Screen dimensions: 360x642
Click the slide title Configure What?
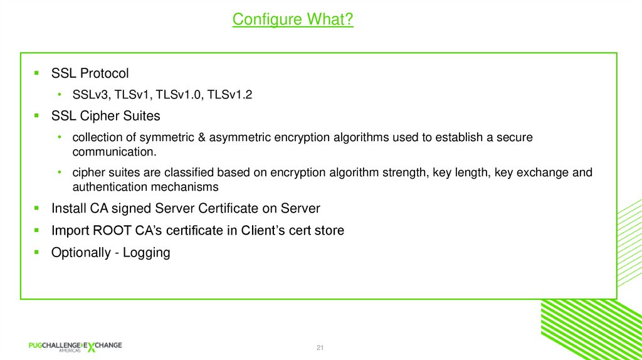coord(293,19)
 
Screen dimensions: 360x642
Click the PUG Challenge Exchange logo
coord(75,346)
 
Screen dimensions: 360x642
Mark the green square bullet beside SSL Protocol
coord(37,73)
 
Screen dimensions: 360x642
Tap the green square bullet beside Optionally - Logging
coord(37,252)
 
